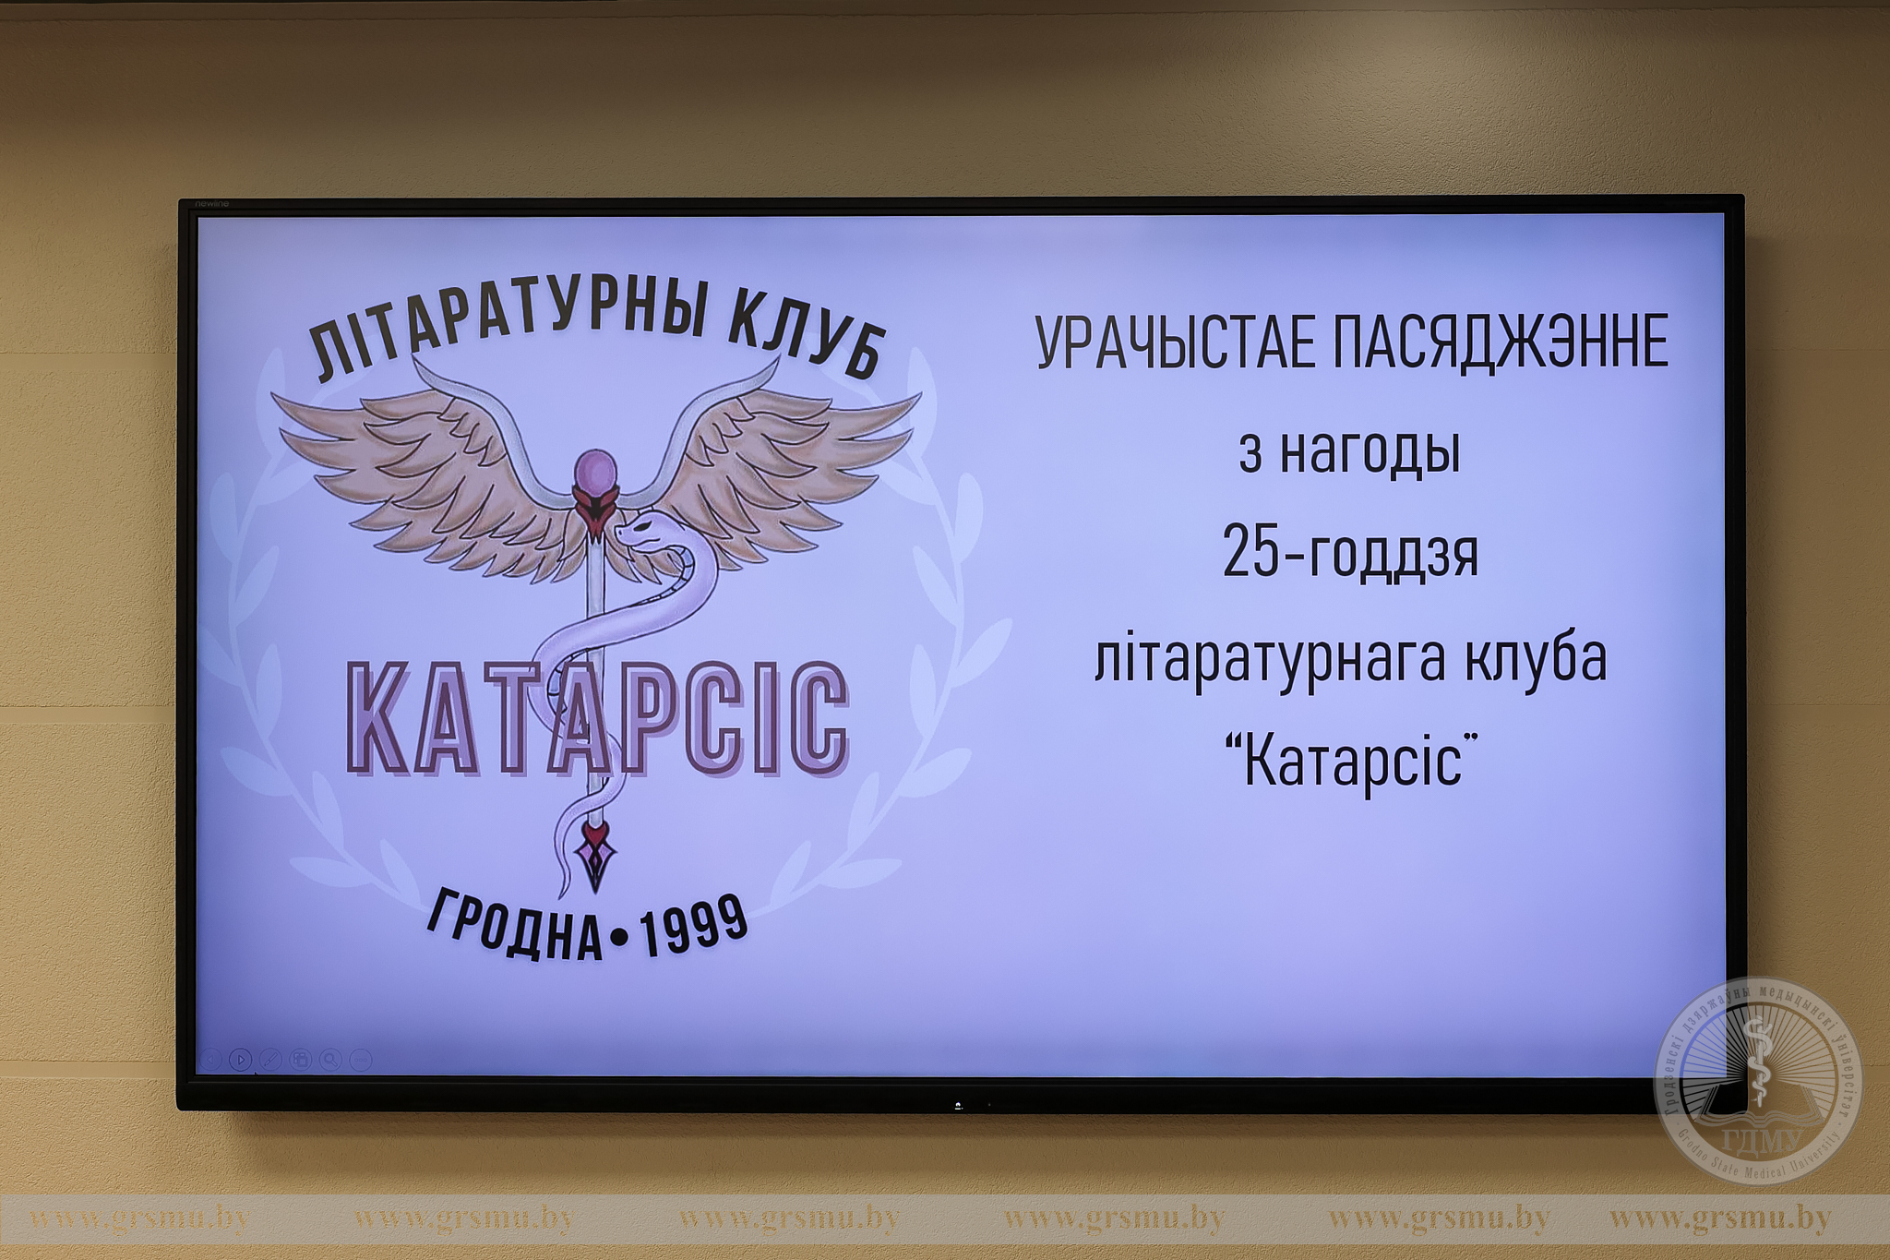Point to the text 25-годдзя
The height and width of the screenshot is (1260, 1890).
point(1350,552)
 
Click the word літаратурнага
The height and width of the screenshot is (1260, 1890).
point(1269,657)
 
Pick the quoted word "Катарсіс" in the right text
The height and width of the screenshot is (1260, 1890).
point(1351,761)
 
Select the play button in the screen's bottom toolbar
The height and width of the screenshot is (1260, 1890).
point(240,1060)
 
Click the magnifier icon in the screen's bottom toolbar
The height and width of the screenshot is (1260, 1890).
point(329,1060)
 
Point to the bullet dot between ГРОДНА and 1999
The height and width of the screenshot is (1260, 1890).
point(620,939)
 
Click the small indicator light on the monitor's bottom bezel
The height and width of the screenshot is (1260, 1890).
point(958,1105)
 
